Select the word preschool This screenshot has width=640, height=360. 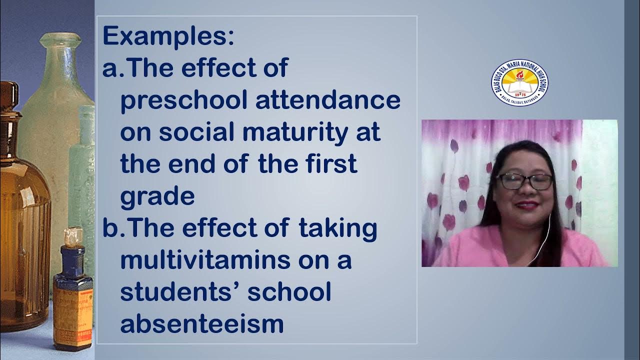[184, 100]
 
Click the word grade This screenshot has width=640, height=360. [157, 196]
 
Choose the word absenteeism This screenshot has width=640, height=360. [202, 324]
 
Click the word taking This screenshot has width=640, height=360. [337, 228]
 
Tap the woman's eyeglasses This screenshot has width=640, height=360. [524, 181]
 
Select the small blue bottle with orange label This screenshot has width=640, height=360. [72, 295]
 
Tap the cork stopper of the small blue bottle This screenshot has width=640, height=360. [73, 235]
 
